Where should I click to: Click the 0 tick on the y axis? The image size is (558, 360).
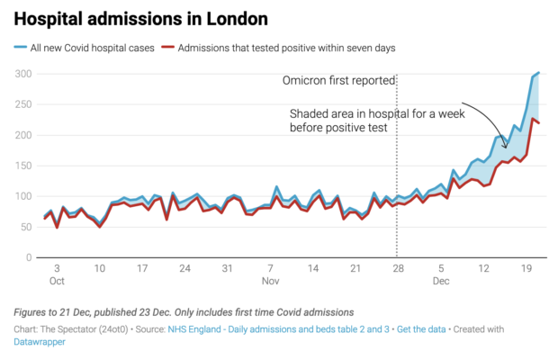(31, 257)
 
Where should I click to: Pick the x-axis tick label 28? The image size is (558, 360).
(398, 268)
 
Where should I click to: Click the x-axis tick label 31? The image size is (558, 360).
(228, 268)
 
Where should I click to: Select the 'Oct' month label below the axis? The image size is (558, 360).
(58, 282)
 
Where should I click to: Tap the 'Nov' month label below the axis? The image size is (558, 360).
(271, 282)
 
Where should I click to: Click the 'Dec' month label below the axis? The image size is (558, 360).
(441, 282)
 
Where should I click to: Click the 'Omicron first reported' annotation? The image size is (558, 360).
(338, 81)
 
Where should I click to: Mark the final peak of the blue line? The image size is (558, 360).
(538, 73)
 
